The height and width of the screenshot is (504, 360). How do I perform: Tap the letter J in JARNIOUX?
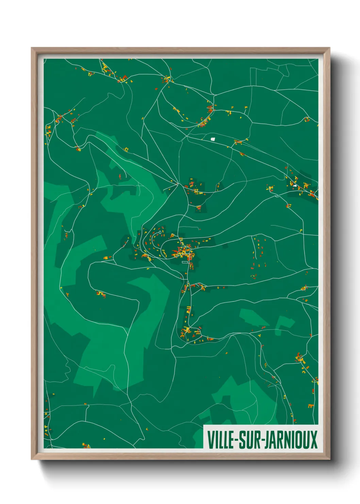[265, 440]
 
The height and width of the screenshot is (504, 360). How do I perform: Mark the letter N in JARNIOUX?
[287, 440]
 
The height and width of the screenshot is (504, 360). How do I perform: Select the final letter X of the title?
[314, 440]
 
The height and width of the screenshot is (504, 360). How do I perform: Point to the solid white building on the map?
[213, 139]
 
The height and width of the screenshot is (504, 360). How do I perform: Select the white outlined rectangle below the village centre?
[185, 262]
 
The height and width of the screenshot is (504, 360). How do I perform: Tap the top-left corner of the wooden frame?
[32, 48]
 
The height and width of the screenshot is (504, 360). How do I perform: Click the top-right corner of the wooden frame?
[329, 48]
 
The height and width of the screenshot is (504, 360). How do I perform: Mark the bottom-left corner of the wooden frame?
[32, 459]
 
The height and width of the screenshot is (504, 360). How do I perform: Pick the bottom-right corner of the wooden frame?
[329, 459]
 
